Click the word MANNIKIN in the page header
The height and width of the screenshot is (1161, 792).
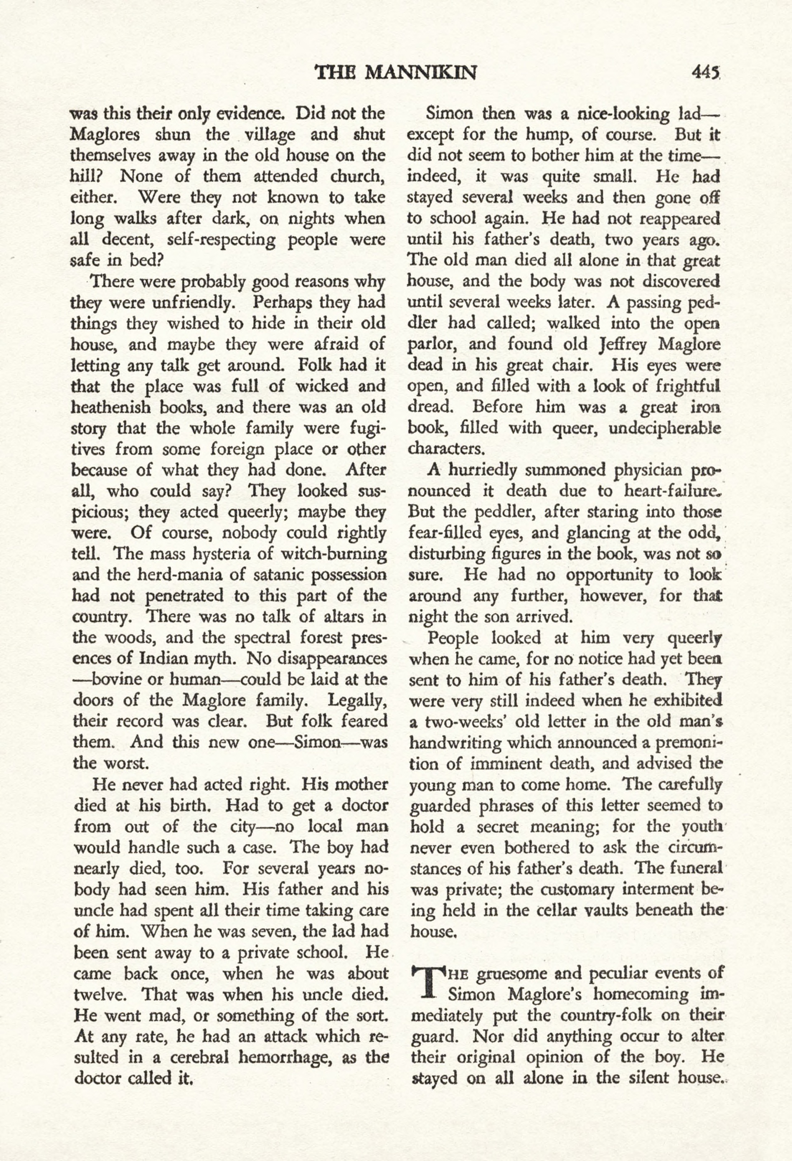[421, 73]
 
